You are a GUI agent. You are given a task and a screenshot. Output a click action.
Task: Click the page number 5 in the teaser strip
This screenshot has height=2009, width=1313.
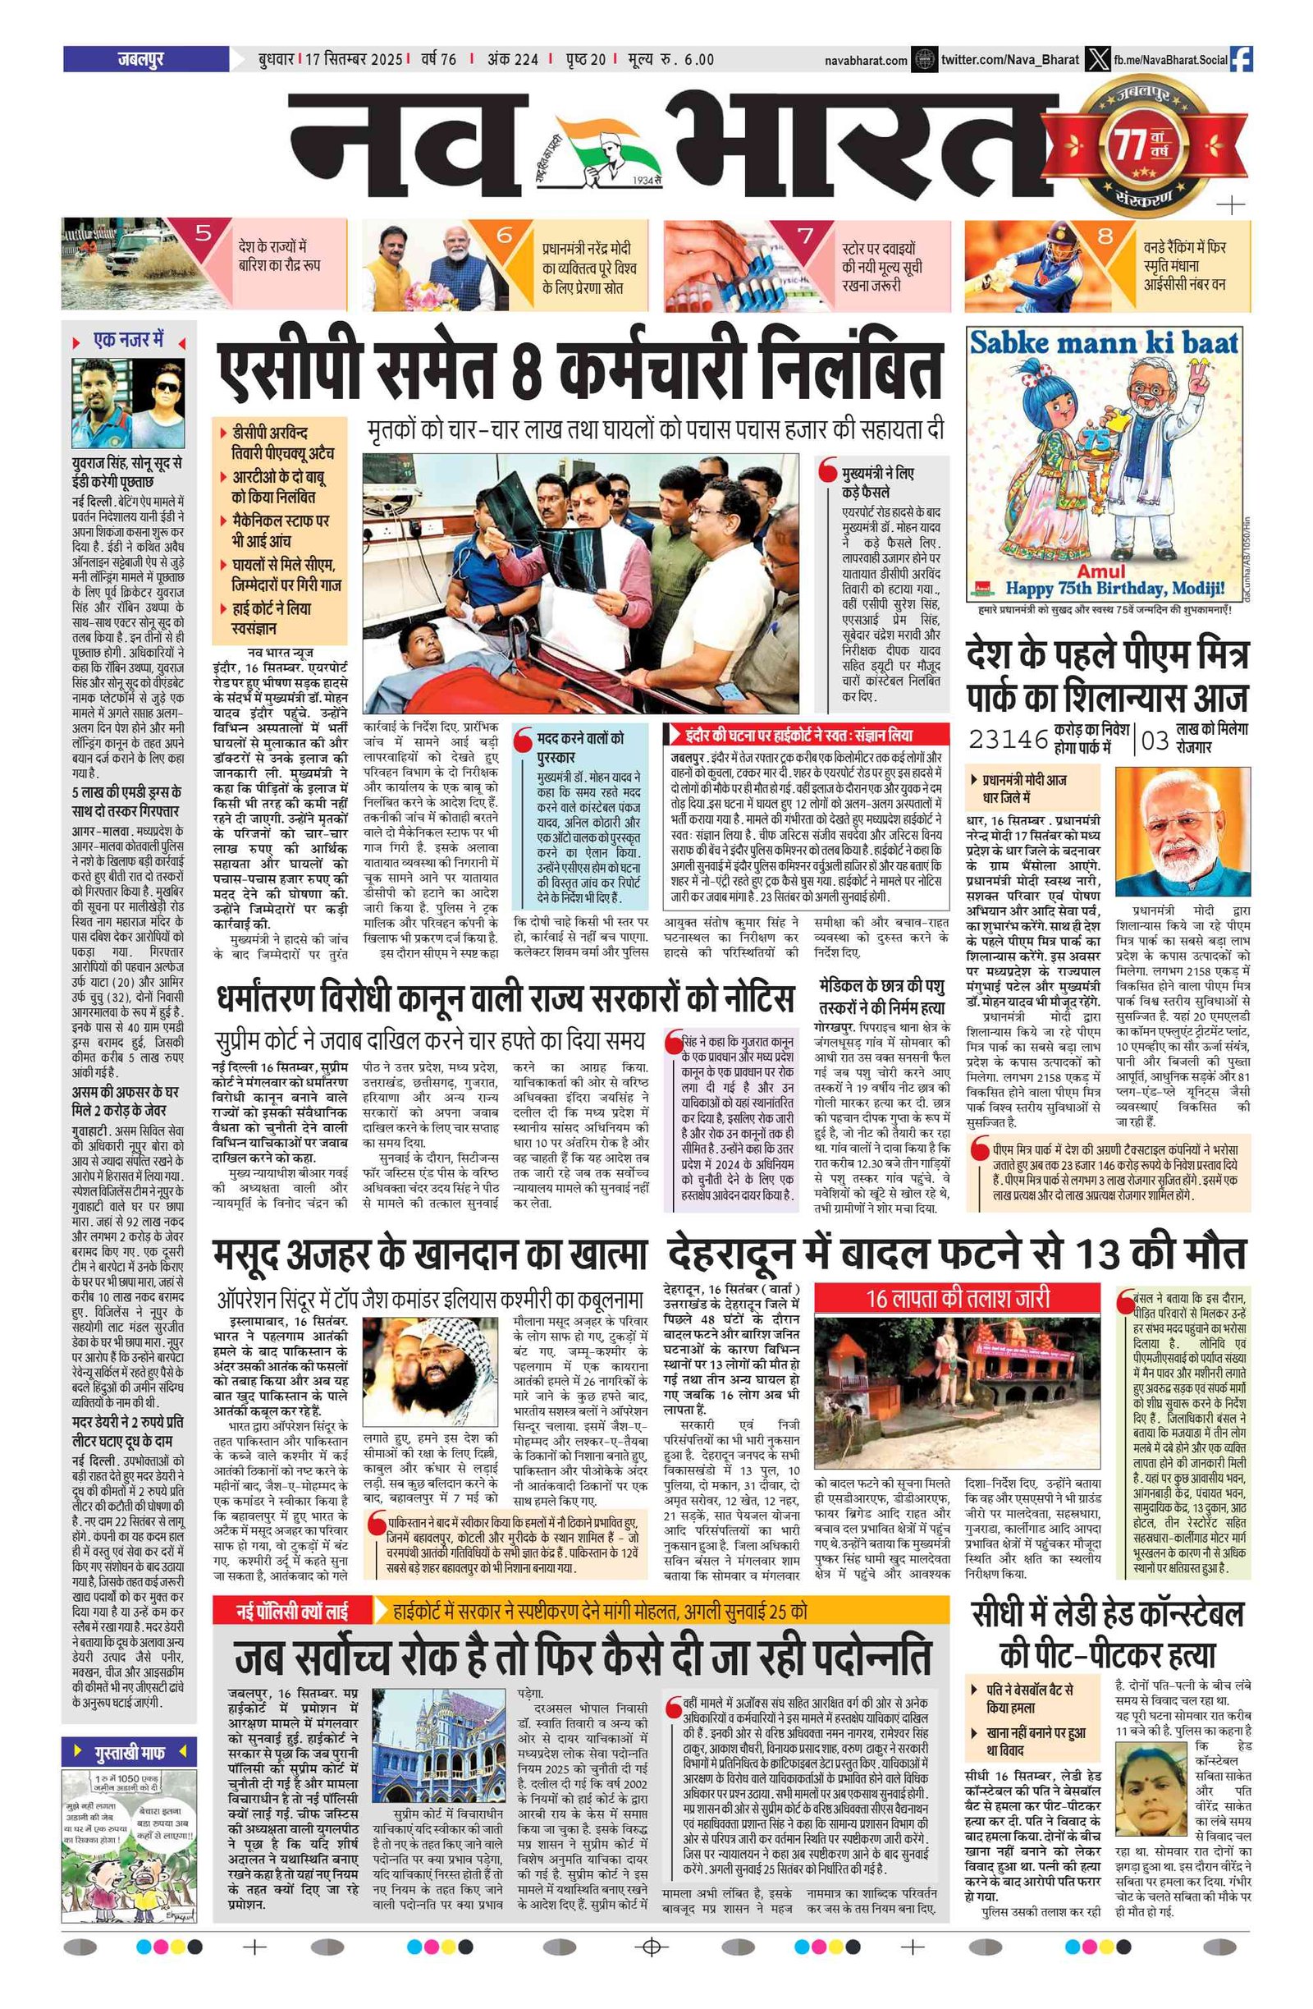click(203, 233)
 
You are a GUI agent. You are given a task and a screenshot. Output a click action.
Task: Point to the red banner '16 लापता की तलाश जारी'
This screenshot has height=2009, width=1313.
click(957, 1297)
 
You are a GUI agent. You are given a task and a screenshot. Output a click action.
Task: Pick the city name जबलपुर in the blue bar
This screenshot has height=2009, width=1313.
click(141, 59)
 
